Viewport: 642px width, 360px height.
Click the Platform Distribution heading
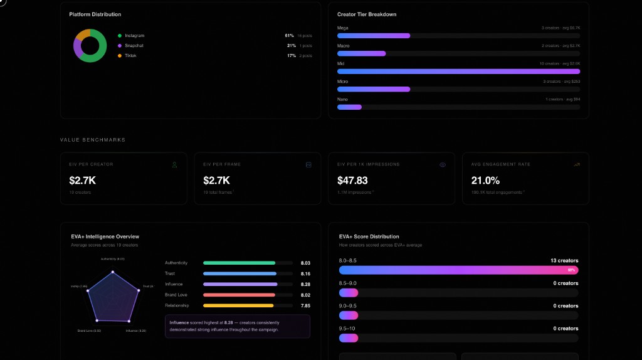pos(95,14)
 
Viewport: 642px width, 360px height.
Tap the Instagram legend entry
pos(134,36)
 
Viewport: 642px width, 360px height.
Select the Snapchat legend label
pos(134,46)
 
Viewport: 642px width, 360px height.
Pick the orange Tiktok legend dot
pos(120,56)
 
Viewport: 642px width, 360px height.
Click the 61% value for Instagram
pos(290,36)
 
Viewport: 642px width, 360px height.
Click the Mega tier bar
pos(374,36)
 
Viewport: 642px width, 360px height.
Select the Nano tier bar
pos(349,107)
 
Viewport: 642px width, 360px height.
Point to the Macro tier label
pos(344,46)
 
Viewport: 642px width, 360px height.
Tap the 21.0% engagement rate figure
pos(485,181)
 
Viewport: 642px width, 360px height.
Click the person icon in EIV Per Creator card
pos(175,165)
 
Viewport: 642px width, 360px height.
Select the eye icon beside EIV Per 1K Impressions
pos(443,165)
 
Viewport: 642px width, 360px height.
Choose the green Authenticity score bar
pos(239,263)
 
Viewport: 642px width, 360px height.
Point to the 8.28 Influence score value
pos(305,284)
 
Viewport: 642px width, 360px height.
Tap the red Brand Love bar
pos(239,295)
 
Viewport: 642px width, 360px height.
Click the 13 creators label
pos(565,260)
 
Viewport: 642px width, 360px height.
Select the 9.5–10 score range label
pos(347,329)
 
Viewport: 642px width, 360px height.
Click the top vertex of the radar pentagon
pos(113,272)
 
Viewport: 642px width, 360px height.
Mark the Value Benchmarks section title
pos(93,140)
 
